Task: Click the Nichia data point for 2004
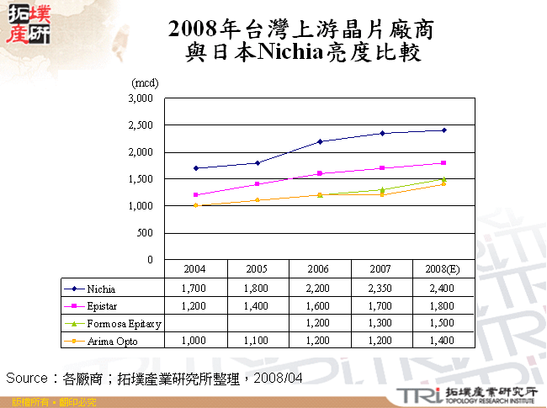click(195, 168)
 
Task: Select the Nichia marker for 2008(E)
click(444, 130)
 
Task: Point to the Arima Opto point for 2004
click(195, 205)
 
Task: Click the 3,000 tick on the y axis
click(141, 98)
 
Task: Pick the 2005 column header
click(258, 268)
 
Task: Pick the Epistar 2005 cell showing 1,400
click(258, 305)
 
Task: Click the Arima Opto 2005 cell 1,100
click(258, 341)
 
